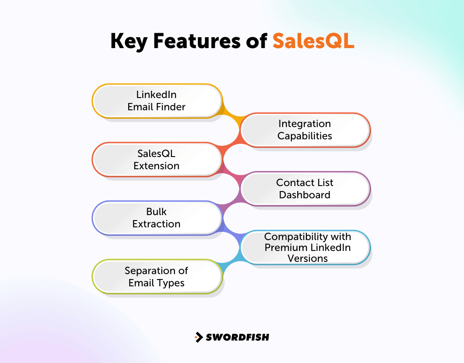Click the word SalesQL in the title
click(313, 41)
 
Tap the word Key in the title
click(129, 41)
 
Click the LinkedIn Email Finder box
click(157, 101)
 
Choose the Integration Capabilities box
click(304, 130)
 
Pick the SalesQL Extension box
click(157, 160)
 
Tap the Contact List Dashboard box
click(304, 189)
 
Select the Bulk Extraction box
click(157, 218)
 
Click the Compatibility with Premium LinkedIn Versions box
click(308, 247)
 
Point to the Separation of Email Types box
click(157, 277)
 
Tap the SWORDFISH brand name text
click(237, 337)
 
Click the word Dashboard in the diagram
click(304, 195)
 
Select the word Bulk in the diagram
click(156, 212)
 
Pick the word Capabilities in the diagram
click(304, 136)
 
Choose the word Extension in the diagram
click(156, 166)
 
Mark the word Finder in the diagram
click(172, 107)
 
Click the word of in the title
click(256, 41)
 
